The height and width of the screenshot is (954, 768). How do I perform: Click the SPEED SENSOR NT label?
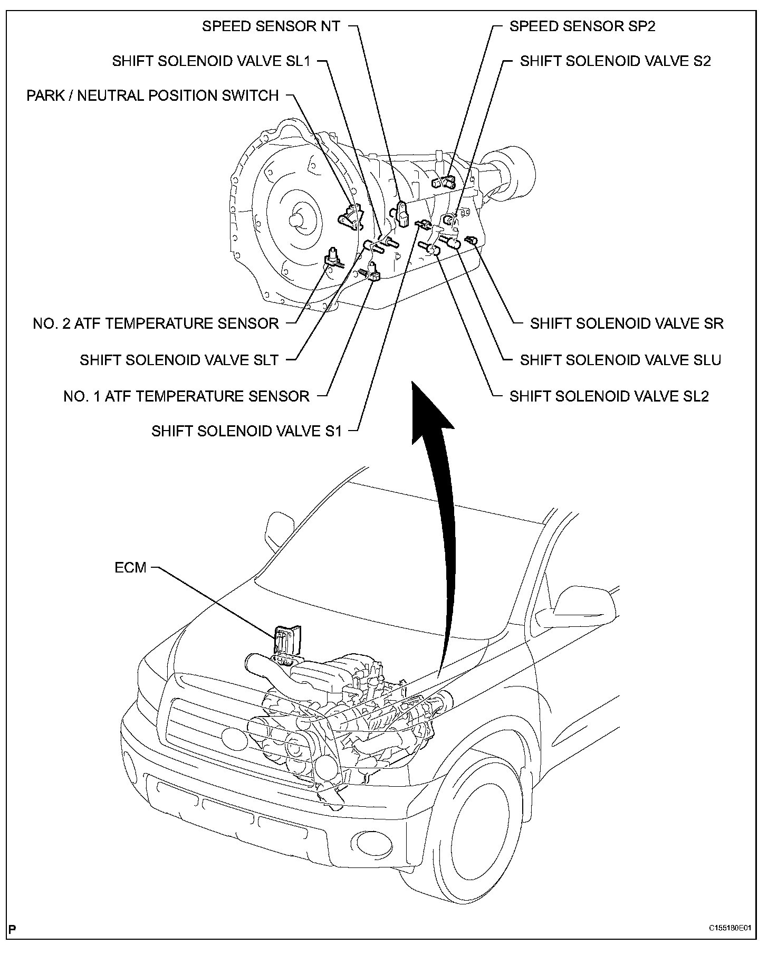point(271,26)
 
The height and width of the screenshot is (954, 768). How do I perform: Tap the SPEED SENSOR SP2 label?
point(582,26)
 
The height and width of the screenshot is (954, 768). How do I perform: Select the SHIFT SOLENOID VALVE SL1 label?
point(211,61)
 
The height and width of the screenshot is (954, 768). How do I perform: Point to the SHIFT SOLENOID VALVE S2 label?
point(615,61)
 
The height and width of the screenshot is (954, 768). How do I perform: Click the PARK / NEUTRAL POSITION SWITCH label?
point(152,96)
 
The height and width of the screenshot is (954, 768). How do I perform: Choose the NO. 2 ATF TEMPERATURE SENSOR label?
point(156,323)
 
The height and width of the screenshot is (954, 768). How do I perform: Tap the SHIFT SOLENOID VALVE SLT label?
point(179,360)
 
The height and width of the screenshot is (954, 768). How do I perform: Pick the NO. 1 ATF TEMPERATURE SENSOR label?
point(186,396)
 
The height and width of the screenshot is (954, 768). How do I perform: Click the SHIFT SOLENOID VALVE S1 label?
point(246,431)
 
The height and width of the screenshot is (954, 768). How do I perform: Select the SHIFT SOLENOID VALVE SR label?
point(627,323)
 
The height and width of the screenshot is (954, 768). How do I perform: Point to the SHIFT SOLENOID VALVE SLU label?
point(620,360)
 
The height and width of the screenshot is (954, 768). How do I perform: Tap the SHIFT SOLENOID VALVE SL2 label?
point(609,396)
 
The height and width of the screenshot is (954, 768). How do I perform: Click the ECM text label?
point(130,568)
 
